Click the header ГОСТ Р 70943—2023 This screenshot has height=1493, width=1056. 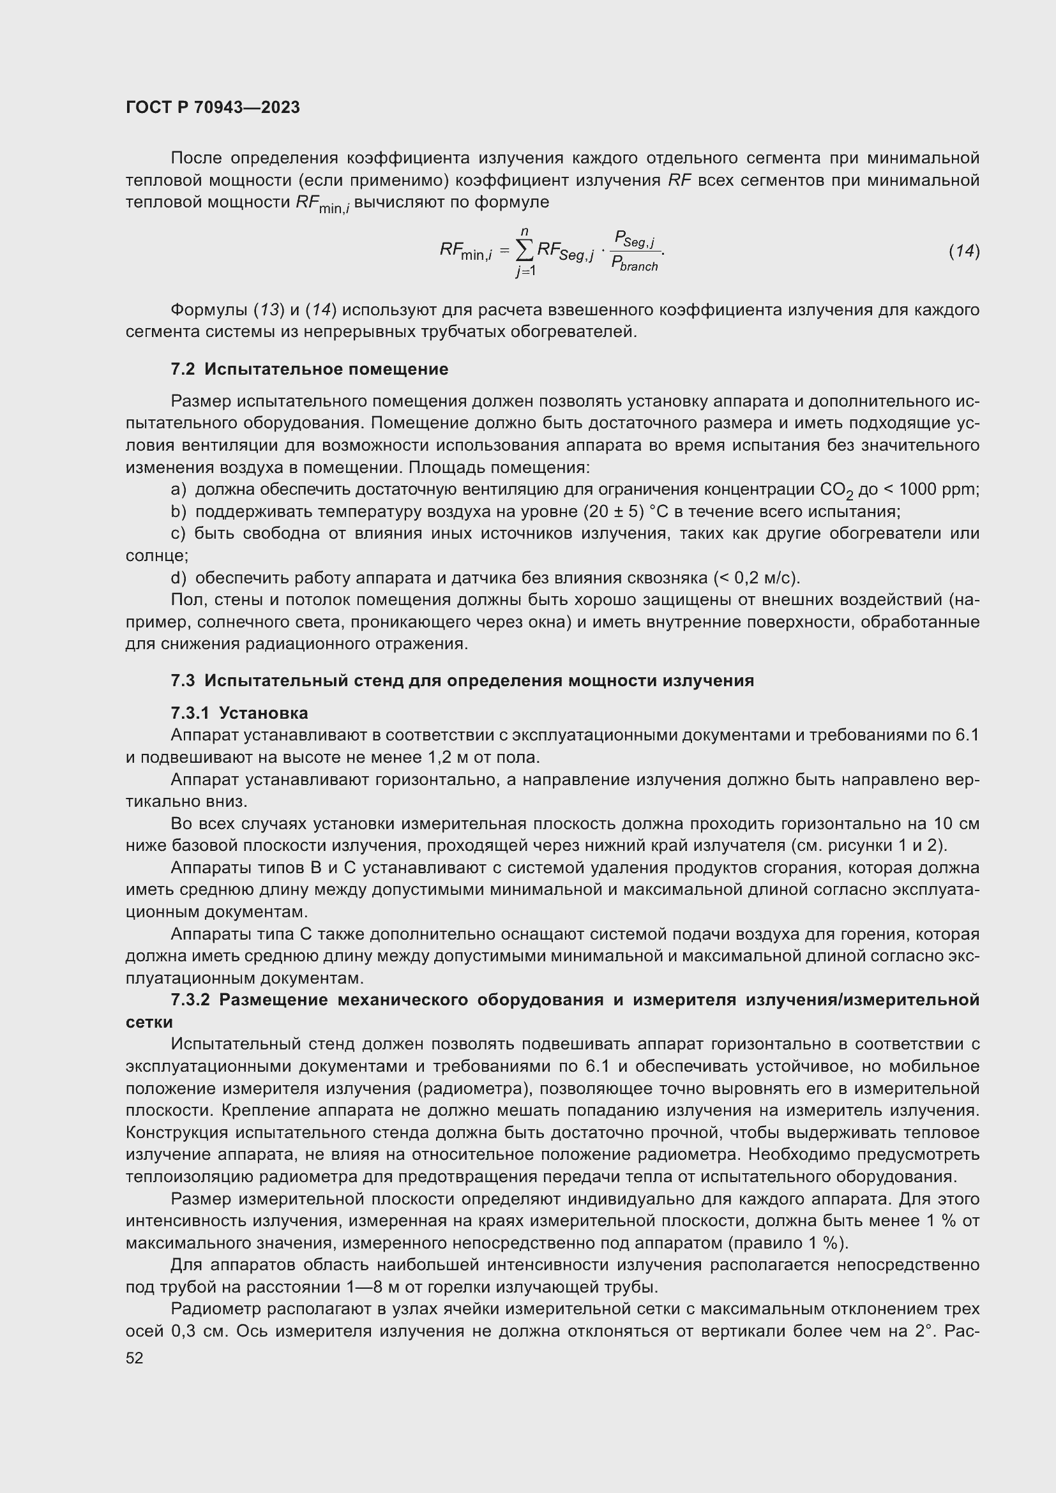point(213,107)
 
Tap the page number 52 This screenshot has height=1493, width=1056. point(134,1358)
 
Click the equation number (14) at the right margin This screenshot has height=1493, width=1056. point(963,251)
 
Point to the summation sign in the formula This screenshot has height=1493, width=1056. point(524,250)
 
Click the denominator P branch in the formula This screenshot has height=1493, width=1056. point(635,265)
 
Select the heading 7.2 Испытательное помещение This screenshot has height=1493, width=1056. point(310,370)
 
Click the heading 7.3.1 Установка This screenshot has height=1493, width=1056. point(239,714)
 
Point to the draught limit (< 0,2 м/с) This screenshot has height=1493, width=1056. point(757,578)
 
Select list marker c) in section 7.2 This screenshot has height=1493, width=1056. point(177,534)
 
